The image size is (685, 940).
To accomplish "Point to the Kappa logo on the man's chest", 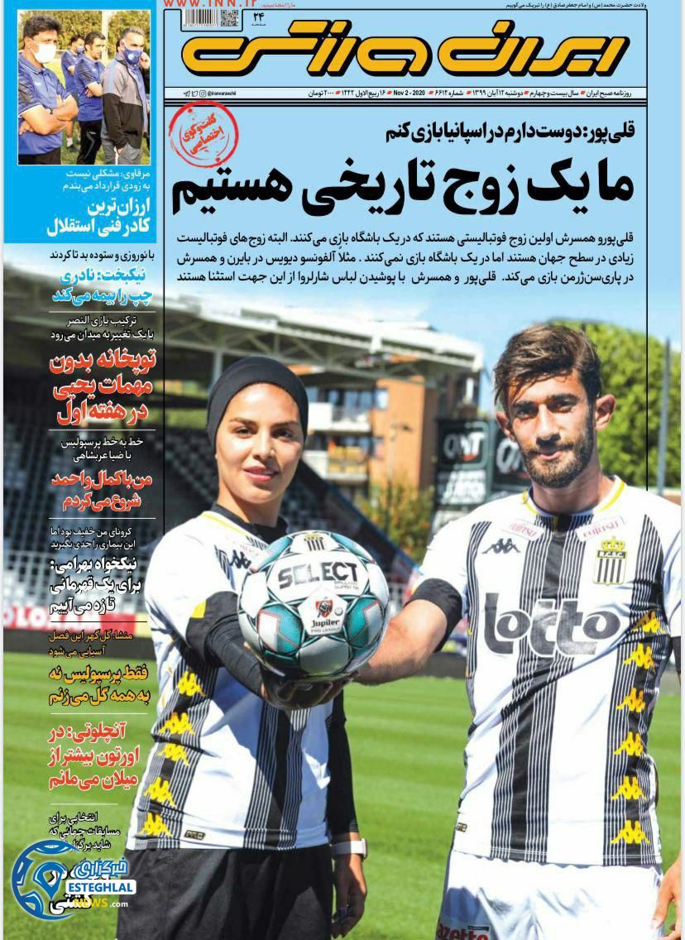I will [503, 545].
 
